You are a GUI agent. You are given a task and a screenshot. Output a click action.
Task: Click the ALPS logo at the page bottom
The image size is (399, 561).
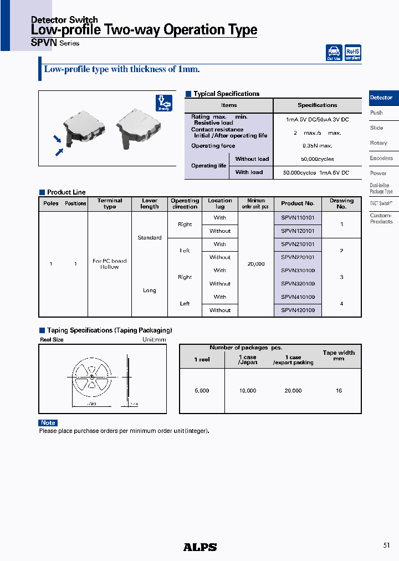coord(200,547)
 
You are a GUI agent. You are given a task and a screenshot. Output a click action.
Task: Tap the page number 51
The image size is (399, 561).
coord(386,545)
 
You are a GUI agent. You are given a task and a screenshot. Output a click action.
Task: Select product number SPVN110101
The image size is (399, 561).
coord(298,218)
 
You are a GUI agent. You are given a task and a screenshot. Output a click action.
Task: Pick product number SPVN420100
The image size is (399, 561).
coord(298,310)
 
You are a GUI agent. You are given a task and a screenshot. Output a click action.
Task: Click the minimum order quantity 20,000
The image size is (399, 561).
coord(255,264)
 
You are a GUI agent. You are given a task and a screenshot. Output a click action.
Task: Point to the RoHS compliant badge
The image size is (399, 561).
coord(352,53)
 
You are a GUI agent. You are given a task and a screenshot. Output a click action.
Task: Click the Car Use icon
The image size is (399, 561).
coord(334,53)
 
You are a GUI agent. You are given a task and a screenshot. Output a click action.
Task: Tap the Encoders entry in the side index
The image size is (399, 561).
coord(381,159)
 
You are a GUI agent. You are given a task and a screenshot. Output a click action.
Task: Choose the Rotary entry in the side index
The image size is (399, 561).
coord(378,143)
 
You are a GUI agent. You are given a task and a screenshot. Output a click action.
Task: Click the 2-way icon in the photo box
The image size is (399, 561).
coord(163,103)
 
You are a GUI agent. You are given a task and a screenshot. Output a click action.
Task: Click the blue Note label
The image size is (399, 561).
coord(48,423)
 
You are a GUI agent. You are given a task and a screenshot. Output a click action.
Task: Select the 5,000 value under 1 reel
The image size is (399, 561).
coord(202,391)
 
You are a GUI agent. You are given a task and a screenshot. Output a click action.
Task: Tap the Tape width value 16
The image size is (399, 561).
coord(339,391)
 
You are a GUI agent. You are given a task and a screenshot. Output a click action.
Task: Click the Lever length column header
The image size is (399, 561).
coord(150,203)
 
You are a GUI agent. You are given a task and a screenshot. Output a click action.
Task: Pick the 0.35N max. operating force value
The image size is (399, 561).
coord(317,146)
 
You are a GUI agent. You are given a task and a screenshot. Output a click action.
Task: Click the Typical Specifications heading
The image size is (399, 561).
coord(226,94)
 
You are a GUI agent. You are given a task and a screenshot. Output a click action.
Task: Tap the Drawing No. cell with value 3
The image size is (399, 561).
coord(341,277)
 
